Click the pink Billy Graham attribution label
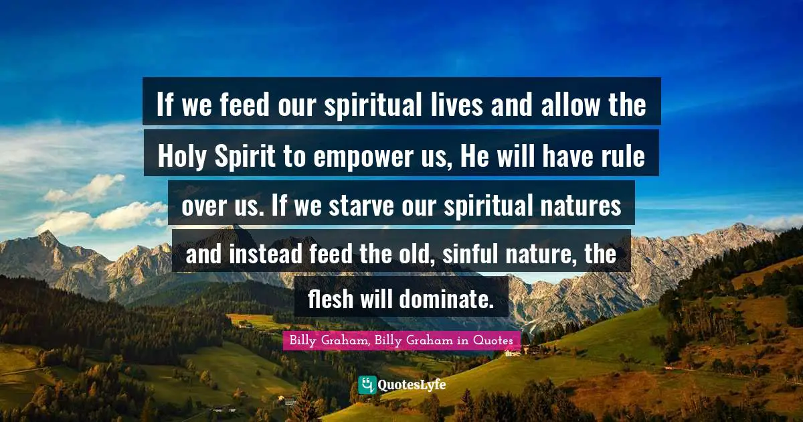click(x=401, y=340)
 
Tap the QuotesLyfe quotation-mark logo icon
click(x=367, y=385)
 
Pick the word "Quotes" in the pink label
click(x=493, y=340)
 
